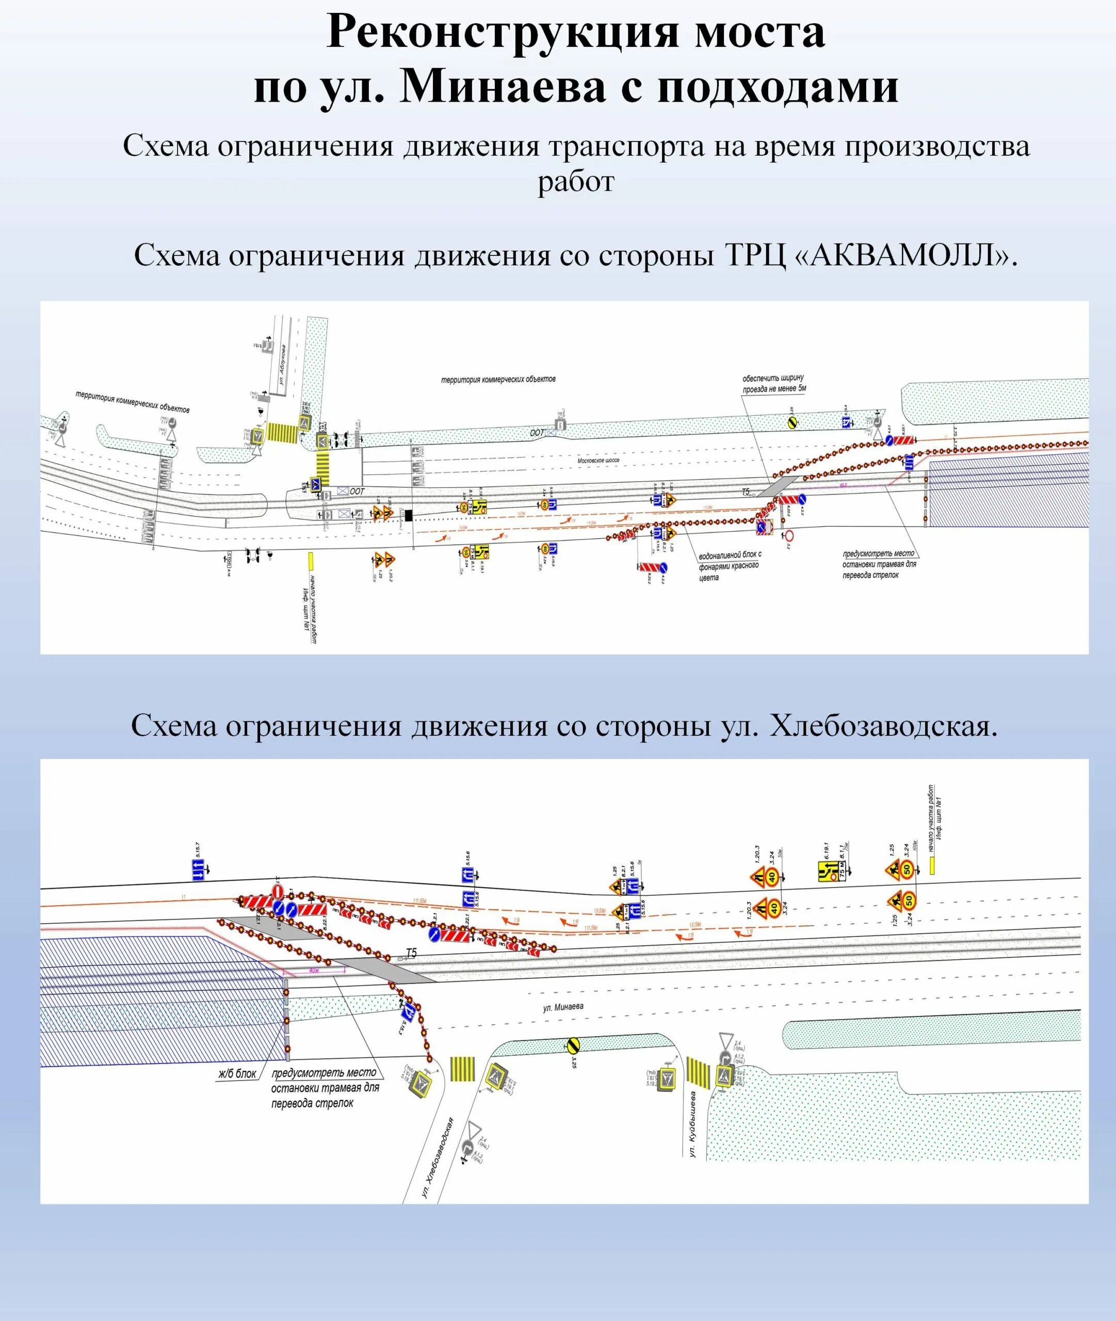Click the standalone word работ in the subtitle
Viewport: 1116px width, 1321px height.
point(576,182)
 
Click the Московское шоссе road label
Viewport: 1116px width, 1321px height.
point(598,461)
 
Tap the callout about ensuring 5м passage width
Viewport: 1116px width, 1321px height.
point(774,383)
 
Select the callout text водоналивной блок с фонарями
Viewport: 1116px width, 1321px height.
point(729,565)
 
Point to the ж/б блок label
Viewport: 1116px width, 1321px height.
point(237,1073)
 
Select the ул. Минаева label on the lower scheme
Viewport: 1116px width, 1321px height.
point(563,1007)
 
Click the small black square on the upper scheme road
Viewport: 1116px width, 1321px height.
point(409,515)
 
